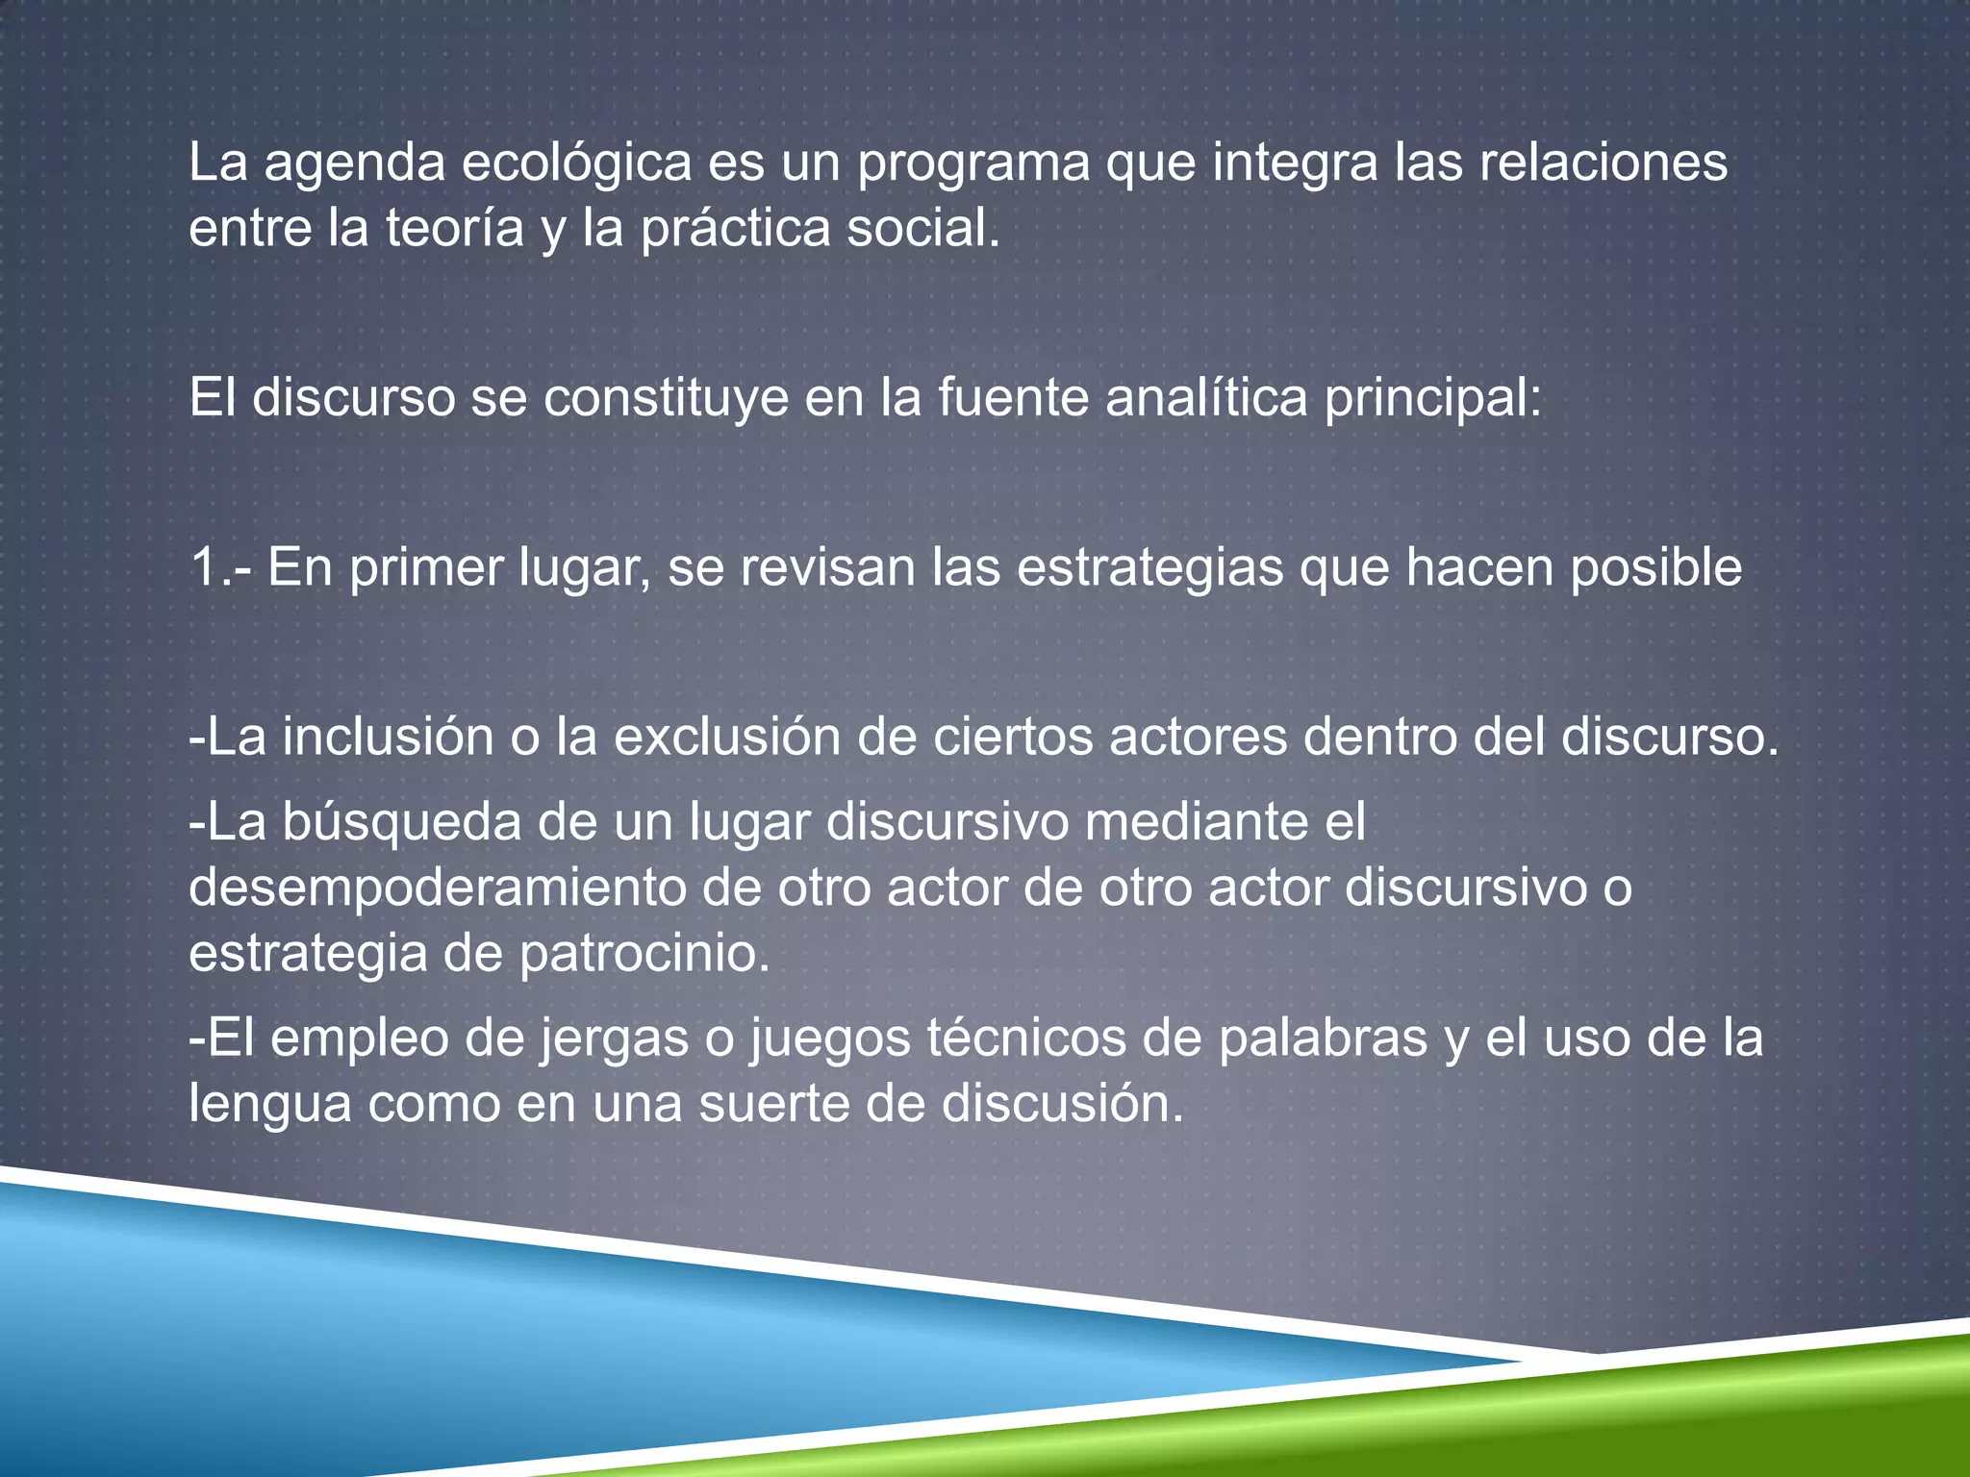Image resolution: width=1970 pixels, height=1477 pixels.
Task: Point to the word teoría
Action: coord(454,229)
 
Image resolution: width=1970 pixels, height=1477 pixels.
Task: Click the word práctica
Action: coord(735,229)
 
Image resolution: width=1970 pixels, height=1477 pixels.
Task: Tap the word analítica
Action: coord(1206,398)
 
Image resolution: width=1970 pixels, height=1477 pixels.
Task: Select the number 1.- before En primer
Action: coord(221,567)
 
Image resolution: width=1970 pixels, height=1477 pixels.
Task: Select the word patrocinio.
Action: coord(644,954)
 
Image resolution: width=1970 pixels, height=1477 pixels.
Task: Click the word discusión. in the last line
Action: coord(1062,1104)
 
